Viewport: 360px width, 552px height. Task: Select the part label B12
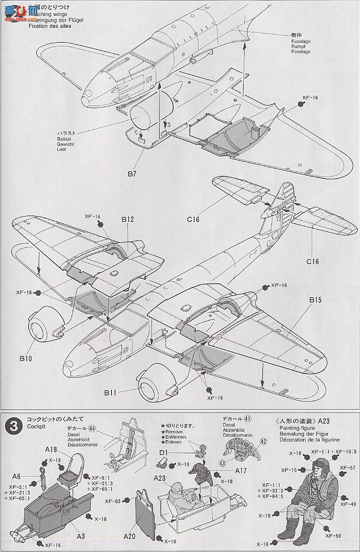click(127, 218)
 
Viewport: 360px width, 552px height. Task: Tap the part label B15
click(316, 300)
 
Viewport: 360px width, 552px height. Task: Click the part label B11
click(111, 391)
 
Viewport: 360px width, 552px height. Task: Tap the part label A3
click(82, 536)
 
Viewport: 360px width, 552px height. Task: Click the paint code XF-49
click(348, 503)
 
